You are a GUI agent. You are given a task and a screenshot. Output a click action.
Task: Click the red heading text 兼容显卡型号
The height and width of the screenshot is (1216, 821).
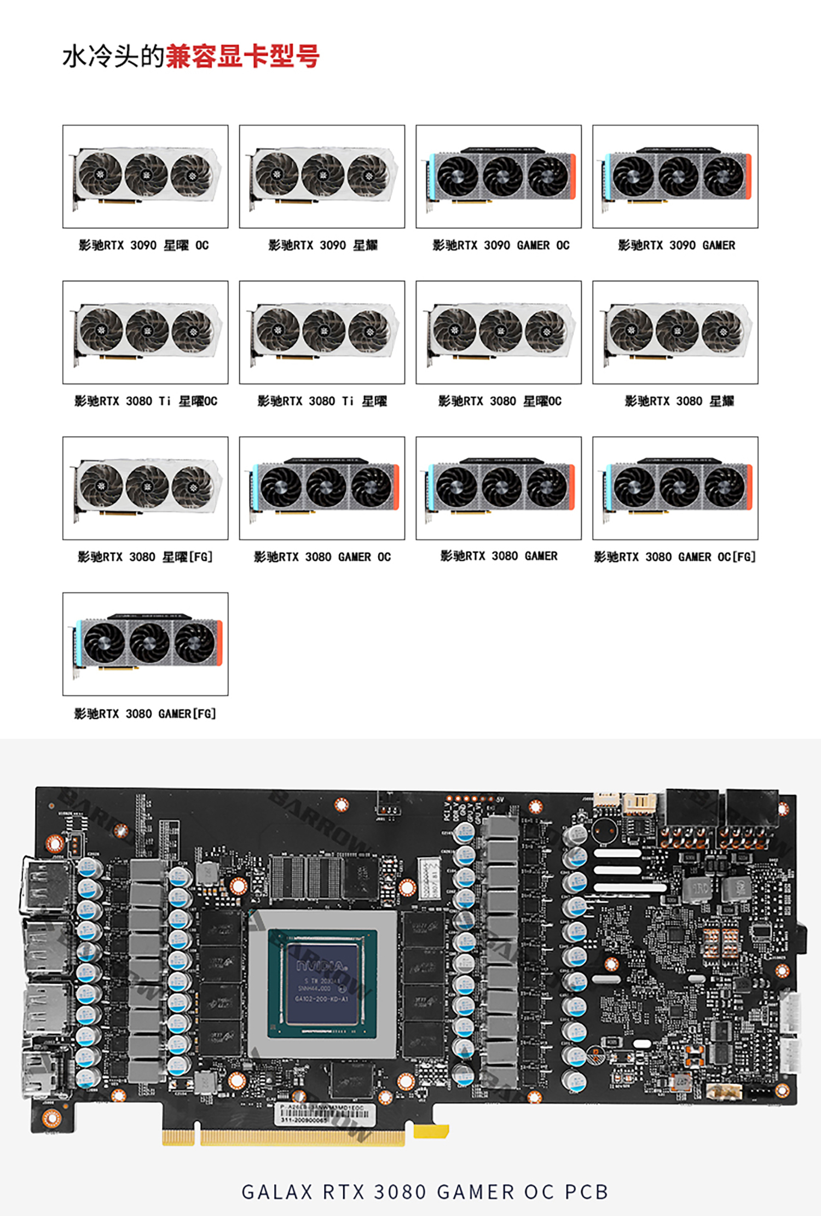click(242, 56)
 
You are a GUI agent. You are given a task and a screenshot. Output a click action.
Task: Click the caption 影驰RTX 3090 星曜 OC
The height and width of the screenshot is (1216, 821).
click(144, 246)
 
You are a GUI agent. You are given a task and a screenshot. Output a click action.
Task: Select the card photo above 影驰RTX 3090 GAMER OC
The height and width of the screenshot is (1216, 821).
click(498, 176)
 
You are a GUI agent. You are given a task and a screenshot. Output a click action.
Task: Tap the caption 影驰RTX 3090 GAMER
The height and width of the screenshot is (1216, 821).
click(676, 246)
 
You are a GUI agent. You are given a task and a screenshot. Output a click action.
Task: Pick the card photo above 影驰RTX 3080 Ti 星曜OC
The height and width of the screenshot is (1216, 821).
click(145, 332)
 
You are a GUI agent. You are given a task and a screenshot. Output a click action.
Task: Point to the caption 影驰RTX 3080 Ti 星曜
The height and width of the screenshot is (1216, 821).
click(322, 402)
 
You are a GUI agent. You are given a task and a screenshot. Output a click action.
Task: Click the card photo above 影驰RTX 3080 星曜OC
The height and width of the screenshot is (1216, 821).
click(498, 332)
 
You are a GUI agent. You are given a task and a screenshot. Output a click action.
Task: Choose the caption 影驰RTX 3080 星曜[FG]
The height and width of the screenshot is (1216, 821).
click(145, 557)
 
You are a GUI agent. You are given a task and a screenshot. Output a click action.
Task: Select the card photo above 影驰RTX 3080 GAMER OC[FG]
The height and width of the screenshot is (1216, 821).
click(675, 488)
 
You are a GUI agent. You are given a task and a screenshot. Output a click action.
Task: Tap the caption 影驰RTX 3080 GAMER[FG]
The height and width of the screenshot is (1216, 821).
click(145, 714)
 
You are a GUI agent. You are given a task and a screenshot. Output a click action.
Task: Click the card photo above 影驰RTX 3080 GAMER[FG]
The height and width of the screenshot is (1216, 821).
click(145, 644)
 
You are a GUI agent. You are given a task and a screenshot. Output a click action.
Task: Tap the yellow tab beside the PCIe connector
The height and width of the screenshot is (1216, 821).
click(431, 1131)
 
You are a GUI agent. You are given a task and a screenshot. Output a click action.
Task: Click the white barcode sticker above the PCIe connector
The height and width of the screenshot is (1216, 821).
click(326, 1114)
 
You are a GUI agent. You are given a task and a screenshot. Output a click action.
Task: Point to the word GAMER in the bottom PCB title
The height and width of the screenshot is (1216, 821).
click(475, 1192)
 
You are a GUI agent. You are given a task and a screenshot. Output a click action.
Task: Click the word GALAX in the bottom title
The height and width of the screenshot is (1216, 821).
click(277, 1192)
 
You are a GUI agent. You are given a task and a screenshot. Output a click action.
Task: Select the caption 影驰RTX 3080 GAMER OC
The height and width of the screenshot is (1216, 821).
click(322, 557)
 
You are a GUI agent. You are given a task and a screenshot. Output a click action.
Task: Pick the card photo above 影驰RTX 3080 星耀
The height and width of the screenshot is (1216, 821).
click(675, 332)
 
